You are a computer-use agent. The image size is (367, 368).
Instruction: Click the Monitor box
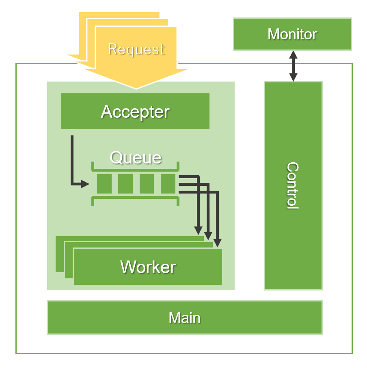tap(292, 34)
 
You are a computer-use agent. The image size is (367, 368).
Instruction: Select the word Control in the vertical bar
tap(293, 185)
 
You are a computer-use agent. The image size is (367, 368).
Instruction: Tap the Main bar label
tap(184, 318)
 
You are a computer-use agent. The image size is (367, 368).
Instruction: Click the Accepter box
tap(135, 111)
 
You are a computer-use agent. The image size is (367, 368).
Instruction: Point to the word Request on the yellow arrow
tap(136, 49)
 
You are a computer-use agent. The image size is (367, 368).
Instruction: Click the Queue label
tap(136, 157)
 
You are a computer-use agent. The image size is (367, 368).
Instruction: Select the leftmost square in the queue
tap(104, 184)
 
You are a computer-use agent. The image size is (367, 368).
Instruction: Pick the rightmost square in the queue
tap(168, 184)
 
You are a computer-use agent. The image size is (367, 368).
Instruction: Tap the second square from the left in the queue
tap(125, 184)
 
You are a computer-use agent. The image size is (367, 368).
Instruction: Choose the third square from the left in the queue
tap(147, 184)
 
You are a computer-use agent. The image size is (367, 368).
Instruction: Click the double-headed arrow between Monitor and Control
tap(293, 66)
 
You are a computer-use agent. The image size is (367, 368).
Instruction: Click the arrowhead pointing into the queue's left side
tap(85, 184)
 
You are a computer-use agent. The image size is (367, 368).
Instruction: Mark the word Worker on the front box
tap(148, 267)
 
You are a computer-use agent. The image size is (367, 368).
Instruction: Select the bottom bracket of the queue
tap(135, 200)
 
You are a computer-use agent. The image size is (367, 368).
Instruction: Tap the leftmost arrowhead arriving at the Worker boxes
tap(199, 230)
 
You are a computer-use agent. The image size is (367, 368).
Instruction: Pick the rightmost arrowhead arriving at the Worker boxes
tap(218, 243)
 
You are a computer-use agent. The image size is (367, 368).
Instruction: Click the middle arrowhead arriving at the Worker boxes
tap(208, 236)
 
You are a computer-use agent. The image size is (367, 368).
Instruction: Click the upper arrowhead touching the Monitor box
tap(293, 54)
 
